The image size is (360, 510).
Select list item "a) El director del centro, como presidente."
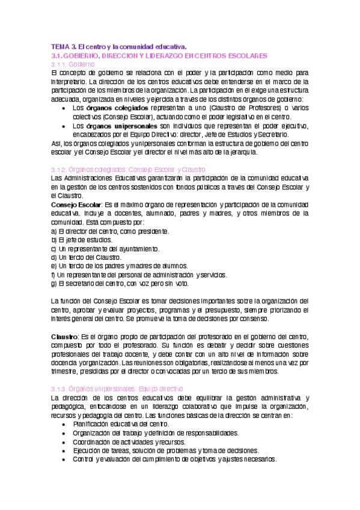click(x=109, y=231)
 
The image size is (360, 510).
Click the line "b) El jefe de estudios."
click(x=82, y=240)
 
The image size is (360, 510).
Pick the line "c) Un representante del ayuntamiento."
click(x=105, y=249)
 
